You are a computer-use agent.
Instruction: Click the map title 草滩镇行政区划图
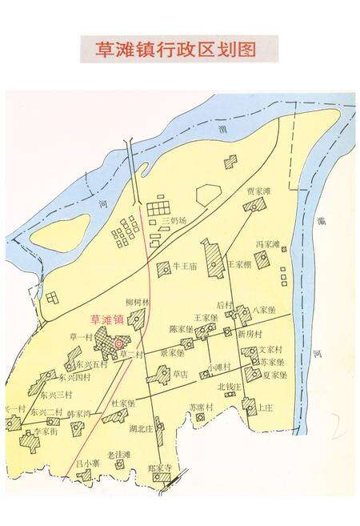[x=180, y=49]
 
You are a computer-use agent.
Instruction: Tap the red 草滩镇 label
[x=107, y=319]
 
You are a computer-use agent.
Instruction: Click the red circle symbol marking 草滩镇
[x=120, y=343]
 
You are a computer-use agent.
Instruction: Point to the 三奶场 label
[x=174, y=220]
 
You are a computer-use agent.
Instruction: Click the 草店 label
[x=181, y=373]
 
